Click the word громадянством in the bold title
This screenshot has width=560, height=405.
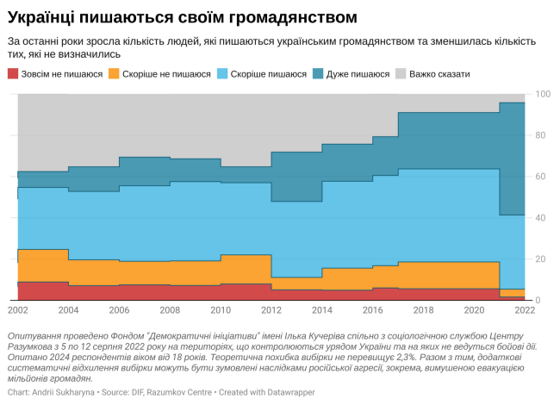click(x=294, y=17)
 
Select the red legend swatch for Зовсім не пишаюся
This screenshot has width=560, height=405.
click(x=13, y=74)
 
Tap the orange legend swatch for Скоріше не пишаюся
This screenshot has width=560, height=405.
click(x=115, y=74)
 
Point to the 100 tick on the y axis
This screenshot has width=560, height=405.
click(x=543, y=94)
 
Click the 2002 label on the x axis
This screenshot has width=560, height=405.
click(x=18, y=308)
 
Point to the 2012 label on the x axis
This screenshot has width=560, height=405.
click(x=271, y=308)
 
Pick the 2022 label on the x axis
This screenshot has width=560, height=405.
click(x=525, y=308)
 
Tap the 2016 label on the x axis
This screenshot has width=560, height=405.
click(x=373, y=308)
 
